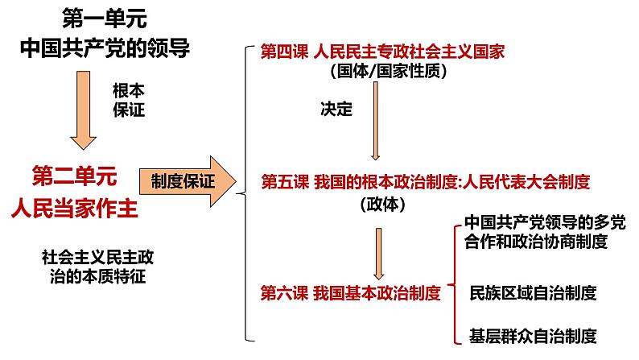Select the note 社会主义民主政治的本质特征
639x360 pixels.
point(97,267)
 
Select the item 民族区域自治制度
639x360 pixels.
point(532,294)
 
